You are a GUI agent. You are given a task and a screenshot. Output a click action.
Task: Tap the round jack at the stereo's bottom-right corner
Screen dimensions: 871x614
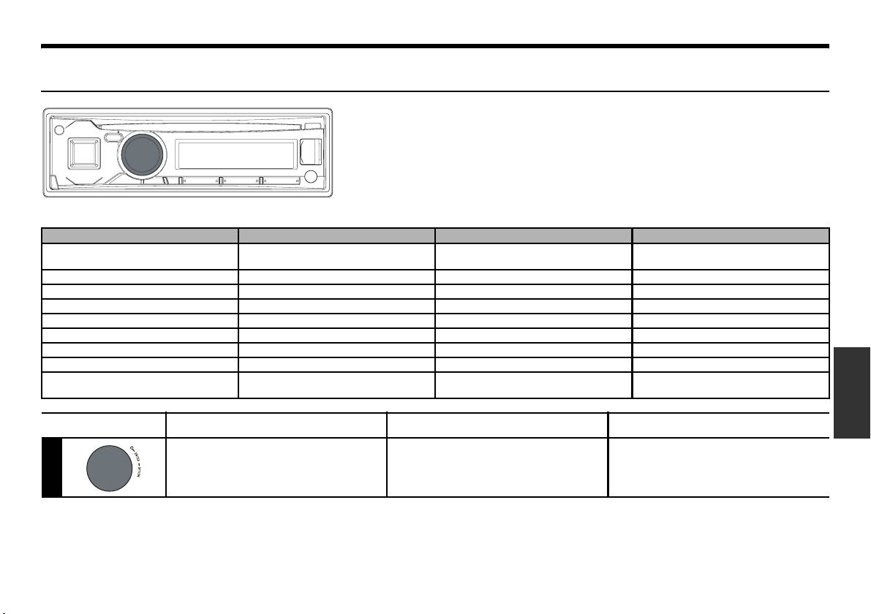tap(311, 176)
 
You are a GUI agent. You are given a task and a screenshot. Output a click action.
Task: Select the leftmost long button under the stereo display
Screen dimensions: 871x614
tap(199, 180)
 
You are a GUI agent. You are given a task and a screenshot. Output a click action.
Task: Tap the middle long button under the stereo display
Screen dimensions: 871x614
tap(241, 180)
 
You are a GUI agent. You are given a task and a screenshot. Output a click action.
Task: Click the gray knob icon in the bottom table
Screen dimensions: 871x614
tap(107, 468)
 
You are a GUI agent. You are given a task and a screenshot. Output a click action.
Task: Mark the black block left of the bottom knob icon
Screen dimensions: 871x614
tap(51, 467)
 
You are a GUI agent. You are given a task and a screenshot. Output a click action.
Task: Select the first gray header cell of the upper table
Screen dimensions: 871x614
tap(140, 235)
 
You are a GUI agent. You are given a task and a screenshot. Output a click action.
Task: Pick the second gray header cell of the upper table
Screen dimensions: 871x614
tap(336, 235)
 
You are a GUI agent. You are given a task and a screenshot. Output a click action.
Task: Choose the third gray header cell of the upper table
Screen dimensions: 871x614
tap(533, 235)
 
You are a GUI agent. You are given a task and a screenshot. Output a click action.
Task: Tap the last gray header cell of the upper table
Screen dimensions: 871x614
tap(731, 235)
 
